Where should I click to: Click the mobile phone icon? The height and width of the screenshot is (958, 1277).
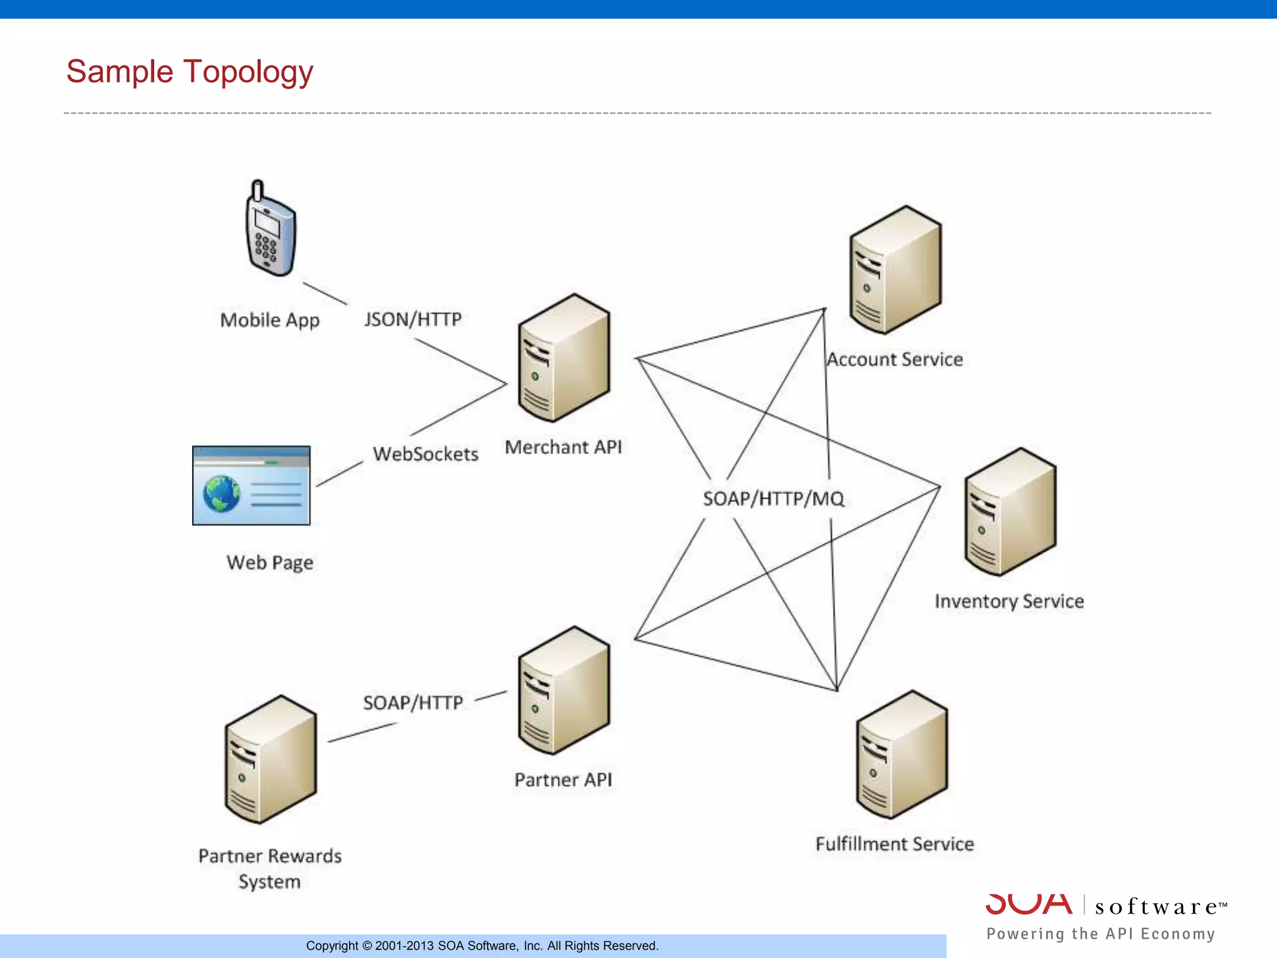click(270, 231)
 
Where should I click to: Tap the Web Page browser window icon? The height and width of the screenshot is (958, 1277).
click(251, 485)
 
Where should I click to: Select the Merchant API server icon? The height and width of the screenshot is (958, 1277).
click(564, 359)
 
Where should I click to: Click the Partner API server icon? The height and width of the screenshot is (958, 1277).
click(564, 691)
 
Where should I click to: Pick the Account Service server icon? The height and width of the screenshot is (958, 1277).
click(895, 270)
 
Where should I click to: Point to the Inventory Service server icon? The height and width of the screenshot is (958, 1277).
click(1010, 512)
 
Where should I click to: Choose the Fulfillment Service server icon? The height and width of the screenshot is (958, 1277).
click(902, 755)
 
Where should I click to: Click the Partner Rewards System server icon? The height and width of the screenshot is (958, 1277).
click(271, 760)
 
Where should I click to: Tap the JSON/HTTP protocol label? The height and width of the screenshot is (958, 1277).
click(413, 319)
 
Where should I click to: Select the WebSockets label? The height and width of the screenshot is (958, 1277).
click(426, 454)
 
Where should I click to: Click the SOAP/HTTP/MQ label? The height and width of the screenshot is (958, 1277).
click(773, 499)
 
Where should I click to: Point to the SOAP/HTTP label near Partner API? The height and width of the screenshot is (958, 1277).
click(413, 703)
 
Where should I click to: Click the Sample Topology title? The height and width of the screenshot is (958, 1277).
click(190, 72)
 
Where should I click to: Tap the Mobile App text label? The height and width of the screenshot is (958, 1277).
click(270, 320)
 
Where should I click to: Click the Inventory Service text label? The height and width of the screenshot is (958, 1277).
click(1009, 601)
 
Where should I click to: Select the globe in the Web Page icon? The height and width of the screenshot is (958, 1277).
click(221, 494)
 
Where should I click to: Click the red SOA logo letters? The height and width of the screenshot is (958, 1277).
click(1029, 904)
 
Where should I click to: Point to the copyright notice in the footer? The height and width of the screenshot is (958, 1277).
click(482, 946)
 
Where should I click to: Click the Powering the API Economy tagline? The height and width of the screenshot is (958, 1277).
click(1101, 934)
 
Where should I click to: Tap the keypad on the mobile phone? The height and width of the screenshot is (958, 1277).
click(266, 247)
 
